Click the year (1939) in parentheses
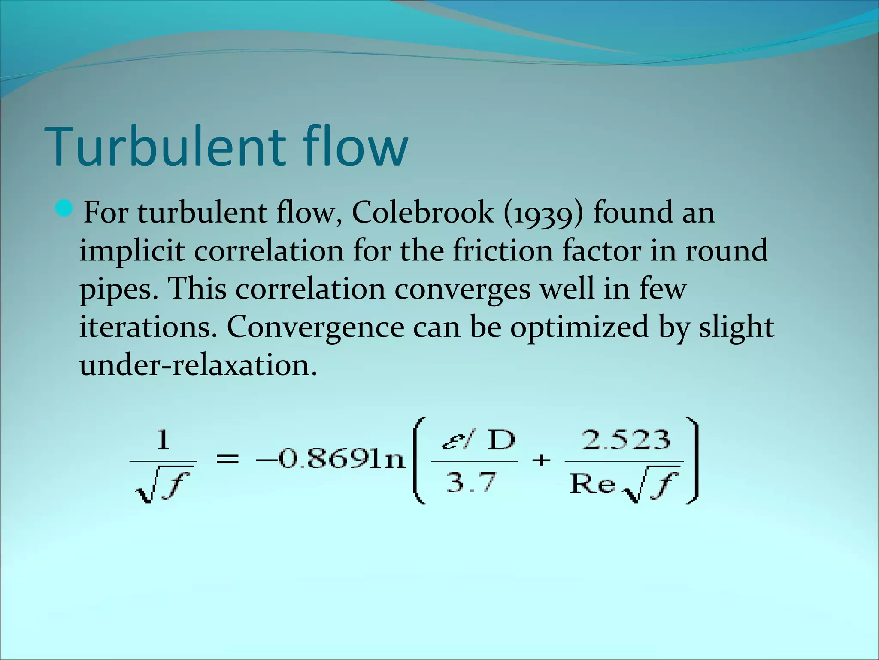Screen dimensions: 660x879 pos(543,213)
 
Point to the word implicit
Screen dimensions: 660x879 pos(132,251)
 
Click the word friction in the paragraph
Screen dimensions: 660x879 pos(503,250)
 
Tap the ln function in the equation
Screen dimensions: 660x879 pos(388,460)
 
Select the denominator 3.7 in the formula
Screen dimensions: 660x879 pos(471,482)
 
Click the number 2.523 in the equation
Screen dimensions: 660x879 pos(626,440)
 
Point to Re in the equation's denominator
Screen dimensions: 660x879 pos(591,484)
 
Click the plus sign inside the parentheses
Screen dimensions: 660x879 pos(541,460)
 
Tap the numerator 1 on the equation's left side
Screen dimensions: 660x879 pos(163,440)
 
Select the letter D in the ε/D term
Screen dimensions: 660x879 pos(501,440)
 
